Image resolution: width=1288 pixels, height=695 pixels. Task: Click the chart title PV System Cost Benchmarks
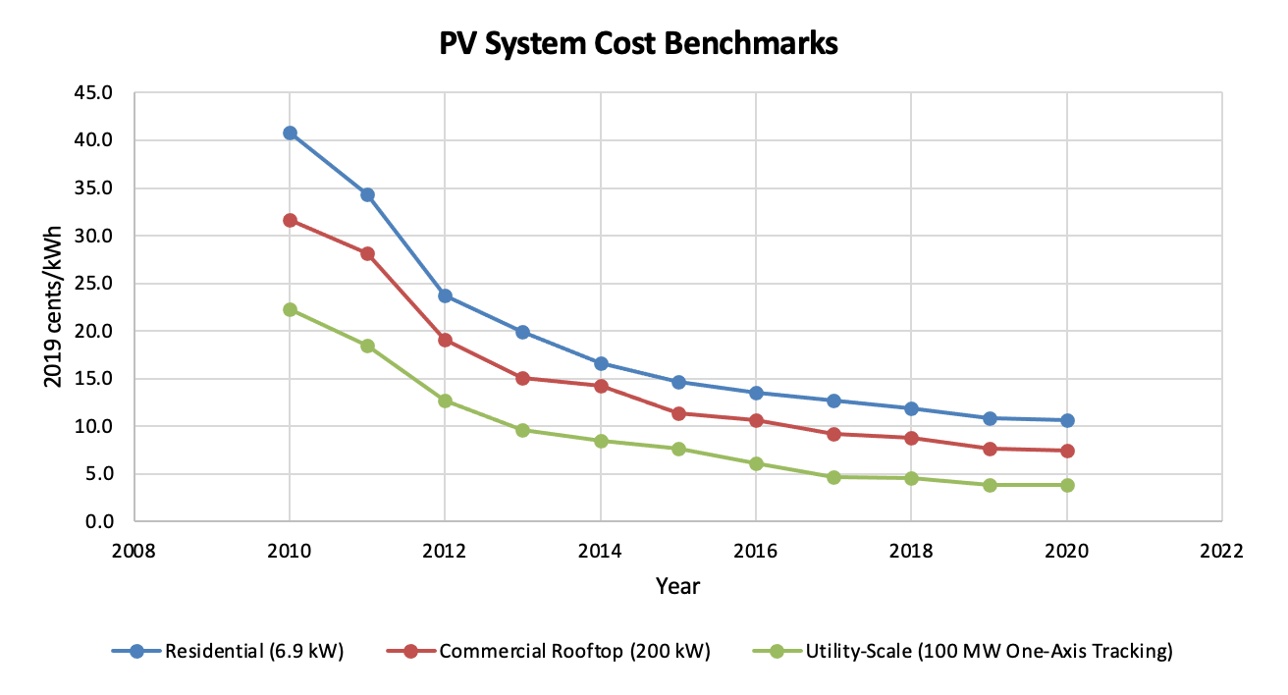click(637, 44)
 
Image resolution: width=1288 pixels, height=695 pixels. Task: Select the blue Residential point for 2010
click(290, 133)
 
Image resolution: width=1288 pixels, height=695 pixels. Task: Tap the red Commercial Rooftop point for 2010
click(290, 220)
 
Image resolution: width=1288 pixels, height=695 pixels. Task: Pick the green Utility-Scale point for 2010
click(290, 309)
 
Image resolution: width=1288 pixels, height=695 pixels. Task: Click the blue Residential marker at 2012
click(445, 295)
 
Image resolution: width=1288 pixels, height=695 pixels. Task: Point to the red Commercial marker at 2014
click(600, 386)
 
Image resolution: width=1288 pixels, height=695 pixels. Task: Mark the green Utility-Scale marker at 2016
click(756, 463)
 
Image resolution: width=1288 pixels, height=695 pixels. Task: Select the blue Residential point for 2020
click(1067, 420)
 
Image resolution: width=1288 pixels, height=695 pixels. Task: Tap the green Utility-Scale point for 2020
click(1067, 485)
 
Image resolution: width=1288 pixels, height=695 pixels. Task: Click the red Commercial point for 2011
click(367, 253)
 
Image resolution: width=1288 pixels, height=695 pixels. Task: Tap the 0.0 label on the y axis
click(106, 521)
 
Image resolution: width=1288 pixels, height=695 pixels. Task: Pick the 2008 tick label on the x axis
click(134, 551)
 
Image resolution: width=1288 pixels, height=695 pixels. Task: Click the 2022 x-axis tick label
click(1222, 551)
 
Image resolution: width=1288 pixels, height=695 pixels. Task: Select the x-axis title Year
click(677, 587)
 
